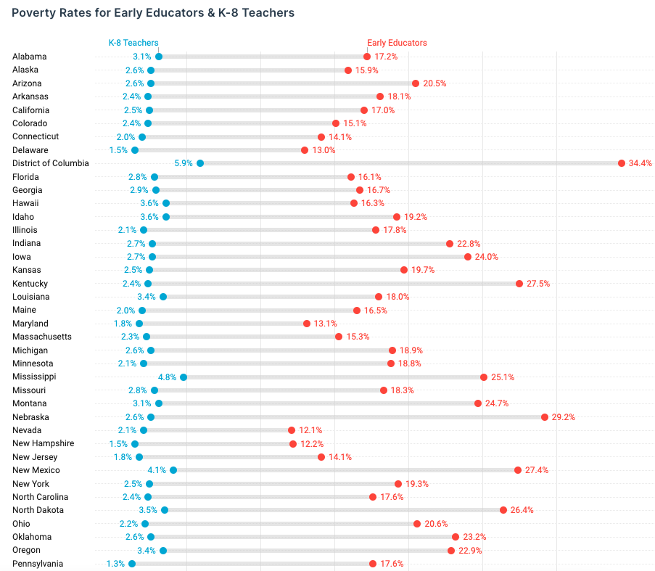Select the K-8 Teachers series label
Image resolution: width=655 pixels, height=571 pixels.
click(133, 43)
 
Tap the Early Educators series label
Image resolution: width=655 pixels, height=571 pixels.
click(397, 43)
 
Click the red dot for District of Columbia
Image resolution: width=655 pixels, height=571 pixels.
click(622, 163)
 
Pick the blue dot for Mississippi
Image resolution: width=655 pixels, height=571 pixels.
click(184, 377)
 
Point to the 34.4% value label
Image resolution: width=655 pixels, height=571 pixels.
click(640, 163)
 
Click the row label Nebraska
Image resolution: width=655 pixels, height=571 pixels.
click(30, 417)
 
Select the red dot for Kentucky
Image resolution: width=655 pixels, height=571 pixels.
click(519, 284)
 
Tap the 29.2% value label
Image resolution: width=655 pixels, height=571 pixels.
click(564, 417)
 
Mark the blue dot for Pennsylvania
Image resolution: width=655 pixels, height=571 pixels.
click(132, 564)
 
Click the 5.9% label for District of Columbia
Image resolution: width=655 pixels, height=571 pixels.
click(184, 163)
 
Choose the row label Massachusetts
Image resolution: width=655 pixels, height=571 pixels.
click(42, 337)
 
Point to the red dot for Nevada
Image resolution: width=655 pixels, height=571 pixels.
click(292, 430)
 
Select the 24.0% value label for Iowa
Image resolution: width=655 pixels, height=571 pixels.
click(487, 257)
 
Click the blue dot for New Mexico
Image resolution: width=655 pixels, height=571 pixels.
click(173, 470)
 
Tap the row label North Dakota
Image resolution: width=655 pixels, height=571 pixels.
click(38, 510)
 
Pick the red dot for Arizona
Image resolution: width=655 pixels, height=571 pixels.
click(416, 83)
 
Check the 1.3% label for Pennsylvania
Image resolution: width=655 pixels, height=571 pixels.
click(115, 564)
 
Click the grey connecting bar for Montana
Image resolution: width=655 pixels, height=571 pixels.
click(319, 403)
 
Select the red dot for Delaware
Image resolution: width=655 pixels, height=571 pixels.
click(305, 150)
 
